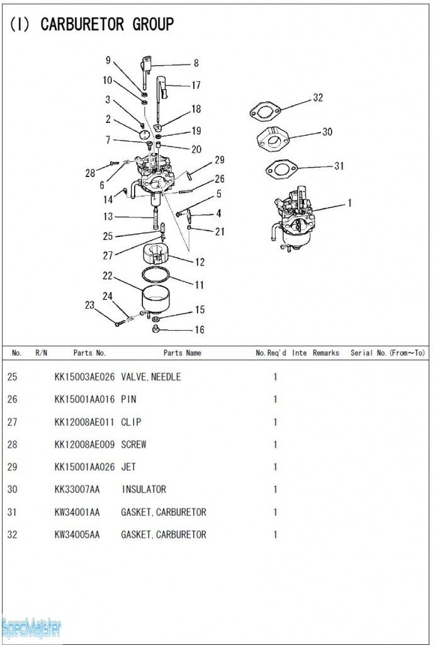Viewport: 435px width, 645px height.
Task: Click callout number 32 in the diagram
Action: [317, 98]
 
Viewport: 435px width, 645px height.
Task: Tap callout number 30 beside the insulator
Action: [327, 132]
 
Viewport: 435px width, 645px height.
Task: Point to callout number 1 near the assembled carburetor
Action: [349, 203]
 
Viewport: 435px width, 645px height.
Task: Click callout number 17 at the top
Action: [196, 85]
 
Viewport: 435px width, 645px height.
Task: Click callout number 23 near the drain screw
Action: [89, 305]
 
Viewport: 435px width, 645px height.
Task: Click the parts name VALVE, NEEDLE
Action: [150, 377]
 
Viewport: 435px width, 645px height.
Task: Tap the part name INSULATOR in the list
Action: [144, 489]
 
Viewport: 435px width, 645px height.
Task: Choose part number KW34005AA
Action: [77, 535]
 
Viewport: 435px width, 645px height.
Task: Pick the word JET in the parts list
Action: [129, 467]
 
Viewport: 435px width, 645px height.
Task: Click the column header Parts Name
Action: [182, 353]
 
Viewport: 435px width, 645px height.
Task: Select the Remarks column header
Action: [325, 353]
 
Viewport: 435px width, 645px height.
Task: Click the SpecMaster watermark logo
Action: [31, 627]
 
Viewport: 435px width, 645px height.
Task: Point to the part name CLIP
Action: [131, 422]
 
